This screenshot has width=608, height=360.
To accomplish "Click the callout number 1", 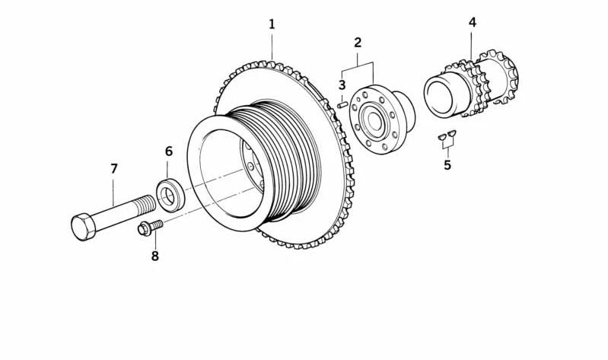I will pyautogui.click(x=272, y=24).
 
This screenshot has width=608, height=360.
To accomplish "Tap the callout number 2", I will pyautogui.click(x=358, y=43).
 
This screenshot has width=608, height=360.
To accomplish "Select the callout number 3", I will pyautogui.click(x=342, y=84).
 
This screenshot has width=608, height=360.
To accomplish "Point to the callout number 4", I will pyautogui.click(x=472, y=22).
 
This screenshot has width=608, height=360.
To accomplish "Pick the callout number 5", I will pyautogui.click(x=447, y=164).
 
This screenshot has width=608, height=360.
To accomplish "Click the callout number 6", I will pyautogui.click(x=168, y=151).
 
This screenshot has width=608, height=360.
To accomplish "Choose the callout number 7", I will pyautogui.click(x=114, y=168).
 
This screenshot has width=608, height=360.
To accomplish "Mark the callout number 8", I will pyautogui.click(x=155, y=256).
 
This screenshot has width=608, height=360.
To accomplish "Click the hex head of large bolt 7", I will pyautogui.click(x=83, y=226).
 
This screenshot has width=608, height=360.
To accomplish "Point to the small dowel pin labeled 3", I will pyautogui.click(x=342, y=104).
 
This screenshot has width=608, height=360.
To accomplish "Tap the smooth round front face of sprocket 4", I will pyautogui.click(x=439, y=95).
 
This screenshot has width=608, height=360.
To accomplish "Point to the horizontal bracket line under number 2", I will pyautogui.click(x=358, y=62).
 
